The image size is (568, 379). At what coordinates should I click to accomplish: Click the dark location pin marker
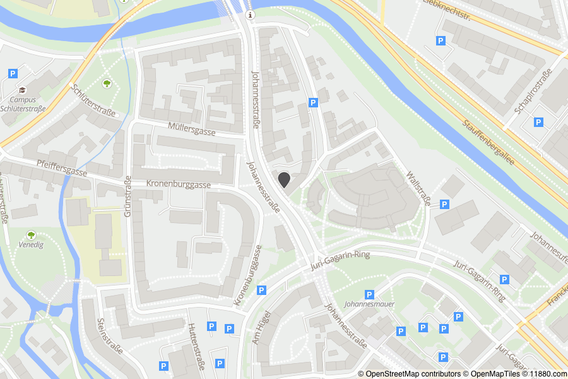(284, 179)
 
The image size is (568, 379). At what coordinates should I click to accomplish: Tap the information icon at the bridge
(251, 15)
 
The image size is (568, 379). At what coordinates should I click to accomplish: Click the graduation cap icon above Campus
(23, 90)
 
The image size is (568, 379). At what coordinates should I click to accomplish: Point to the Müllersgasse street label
(192, 129)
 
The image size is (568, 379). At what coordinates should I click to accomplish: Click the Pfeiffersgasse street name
(61, 168)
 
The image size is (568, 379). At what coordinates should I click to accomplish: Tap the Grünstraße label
(128, 196)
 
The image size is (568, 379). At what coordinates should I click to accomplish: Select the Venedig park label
(31, 244)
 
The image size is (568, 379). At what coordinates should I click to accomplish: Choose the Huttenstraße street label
(196, 342)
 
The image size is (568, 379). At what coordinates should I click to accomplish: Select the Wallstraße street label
(418, 188)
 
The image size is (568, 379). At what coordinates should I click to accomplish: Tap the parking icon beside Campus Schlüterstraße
(13, 74)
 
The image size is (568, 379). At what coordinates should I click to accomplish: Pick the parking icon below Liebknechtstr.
(440, 41)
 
